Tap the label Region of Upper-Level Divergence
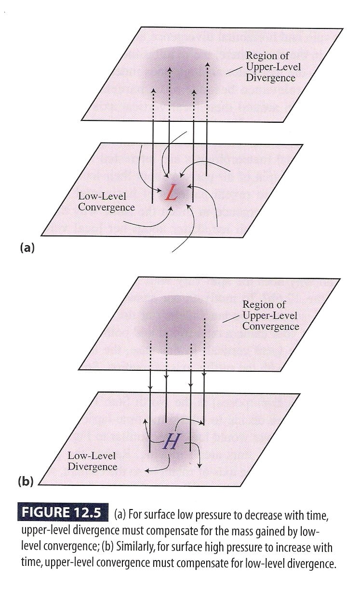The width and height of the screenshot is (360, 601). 270,66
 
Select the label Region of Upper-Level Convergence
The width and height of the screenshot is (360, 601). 270,315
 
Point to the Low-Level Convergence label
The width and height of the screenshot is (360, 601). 106,201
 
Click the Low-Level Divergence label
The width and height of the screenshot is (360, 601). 92,461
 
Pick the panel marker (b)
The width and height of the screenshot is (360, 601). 26,481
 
